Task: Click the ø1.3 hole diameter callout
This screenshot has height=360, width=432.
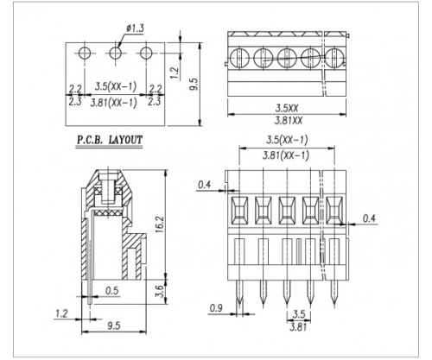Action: pyautogui.click(x=135, y=28)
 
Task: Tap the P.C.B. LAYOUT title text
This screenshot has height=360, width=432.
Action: pyautogui.click(x=110, y=140)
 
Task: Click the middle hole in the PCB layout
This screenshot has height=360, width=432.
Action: pyautogui.click(x=116, y=53)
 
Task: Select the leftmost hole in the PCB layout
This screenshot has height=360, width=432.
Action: pyautogui.click(x=85, y=53)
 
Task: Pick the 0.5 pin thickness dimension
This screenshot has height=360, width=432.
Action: pyautogui.click(x=111, y=291)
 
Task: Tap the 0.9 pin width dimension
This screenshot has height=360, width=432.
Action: pyautogui.click(x=216, y=308)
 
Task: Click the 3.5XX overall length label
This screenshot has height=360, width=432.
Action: pyautogui.click(x=287, y=108)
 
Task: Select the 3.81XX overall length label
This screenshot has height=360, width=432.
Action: pyautogui.click(x=289, y=120)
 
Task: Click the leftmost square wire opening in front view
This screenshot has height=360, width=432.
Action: pyautogui.click(x=239, y=211)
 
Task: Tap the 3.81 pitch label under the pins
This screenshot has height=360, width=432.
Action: pyautogui.click(x=298, y=327)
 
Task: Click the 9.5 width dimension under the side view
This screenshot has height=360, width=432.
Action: pyautogui.click(x=114, y=325)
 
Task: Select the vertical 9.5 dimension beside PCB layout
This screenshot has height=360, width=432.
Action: pyautogui.click(x=194, y=85)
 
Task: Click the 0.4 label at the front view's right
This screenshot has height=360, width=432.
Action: pyautogui.click(x=369, y=218)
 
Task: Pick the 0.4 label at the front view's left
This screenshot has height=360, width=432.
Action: pyautogui.click(x=204, y=185)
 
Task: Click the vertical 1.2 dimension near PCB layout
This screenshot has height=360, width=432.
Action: pyautogui.click(x=175, y=73)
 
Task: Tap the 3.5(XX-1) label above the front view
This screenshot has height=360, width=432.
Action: pyautogui.click(x=287, y=140)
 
